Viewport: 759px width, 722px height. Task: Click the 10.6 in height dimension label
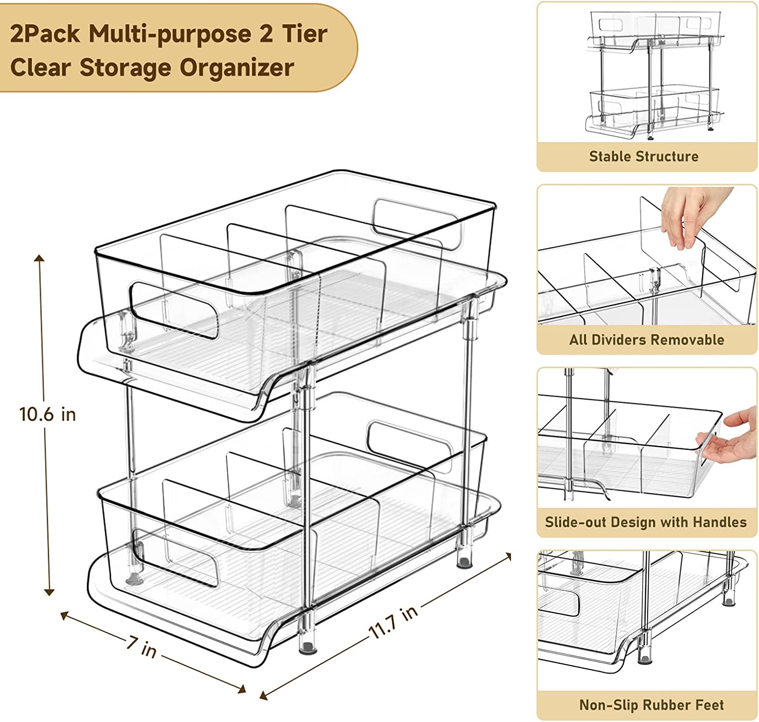[x=48, y=414]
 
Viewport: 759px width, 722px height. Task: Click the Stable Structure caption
[x=644, y=156]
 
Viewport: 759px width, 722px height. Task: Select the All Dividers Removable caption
[x=647, y=339]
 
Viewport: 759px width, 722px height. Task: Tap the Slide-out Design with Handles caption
[x=646, y=522]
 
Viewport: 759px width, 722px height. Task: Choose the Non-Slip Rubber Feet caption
[x=651, y=705]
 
